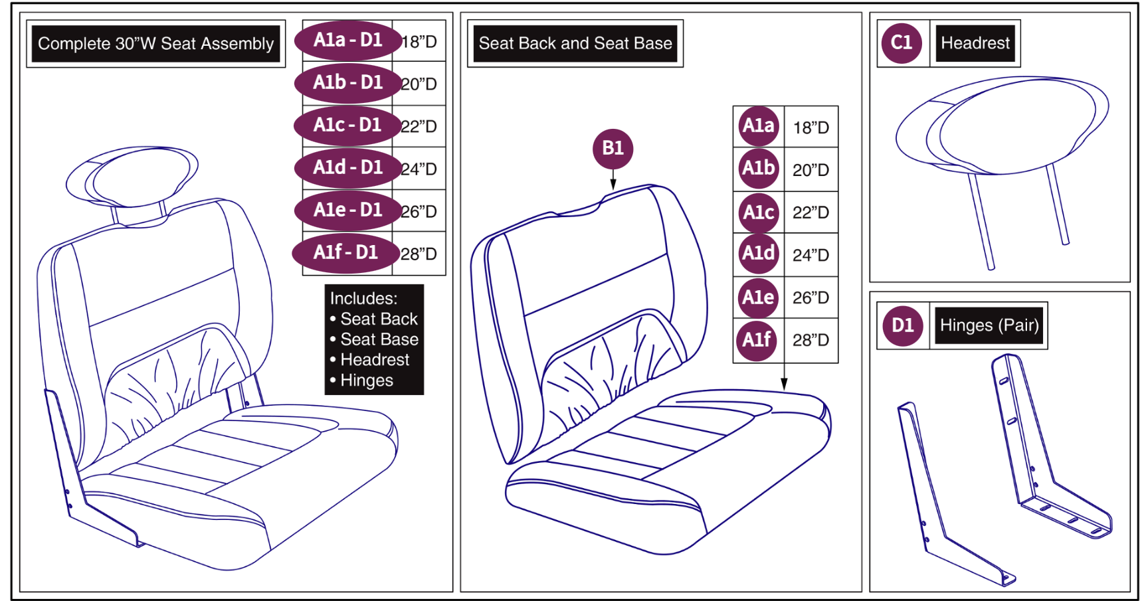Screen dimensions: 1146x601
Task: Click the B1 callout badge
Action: click(x=613, y=148)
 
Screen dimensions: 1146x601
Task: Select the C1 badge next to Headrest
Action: click(x=902, y=43)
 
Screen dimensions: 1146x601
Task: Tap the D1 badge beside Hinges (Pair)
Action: click(x=902, y=325)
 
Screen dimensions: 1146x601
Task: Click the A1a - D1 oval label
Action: click(x=348, y=41)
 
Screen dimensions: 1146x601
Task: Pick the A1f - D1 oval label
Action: click(x=346, y=253)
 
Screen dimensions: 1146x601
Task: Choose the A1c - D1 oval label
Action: click(x=348, y=126)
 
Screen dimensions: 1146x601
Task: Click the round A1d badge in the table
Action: click(x=758, y=254)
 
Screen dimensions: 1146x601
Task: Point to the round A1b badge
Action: click(x=758, y=169)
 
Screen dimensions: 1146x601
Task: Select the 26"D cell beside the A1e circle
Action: click(x=811, y=298)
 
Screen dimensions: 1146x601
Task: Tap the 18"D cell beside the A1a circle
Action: click(x=811, y=128)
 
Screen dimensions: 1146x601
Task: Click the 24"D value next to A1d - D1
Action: click(x=419, y=169)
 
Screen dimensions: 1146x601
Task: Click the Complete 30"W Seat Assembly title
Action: click(x=155, y=44)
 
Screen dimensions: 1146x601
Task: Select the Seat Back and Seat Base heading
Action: click(x=575, y=44)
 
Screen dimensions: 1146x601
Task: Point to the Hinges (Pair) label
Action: click(x=989, y=325)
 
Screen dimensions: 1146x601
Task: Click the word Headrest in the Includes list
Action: click(x=375, y=360)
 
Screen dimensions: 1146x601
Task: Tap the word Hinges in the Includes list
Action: click(x=367, y=381)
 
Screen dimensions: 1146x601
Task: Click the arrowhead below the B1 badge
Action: click(x=613, y=184)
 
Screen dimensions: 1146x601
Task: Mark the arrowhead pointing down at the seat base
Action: click(x=784, y=385)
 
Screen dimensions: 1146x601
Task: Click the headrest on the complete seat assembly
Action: click(x=132, y=177)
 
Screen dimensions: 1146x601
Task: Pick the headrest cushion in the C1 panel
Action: click(x=1002, y=125)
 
